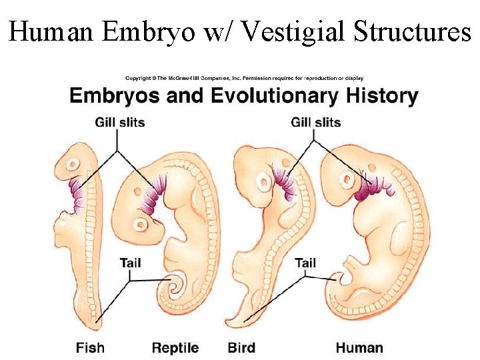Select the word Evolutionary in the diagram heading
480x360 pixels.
click(275, 96)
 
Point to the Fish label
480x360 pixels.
click(90, 347)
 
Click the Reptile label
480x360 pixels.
click(175, 347)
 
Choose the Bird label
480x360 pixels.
click(241, 347)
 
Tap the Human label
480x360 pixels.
click(359, 347)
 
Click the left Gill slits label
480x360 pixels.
click(120, 122)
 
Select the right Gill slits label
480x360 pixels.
click(316, 122)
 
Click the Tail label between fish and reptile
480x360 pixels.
click(131, 263)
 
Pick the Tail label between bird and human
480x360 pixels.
click(305, 263)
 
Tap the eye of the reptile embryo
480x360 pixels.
click(141, 224)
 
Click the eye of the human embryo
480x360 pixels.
click(347, 179)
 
